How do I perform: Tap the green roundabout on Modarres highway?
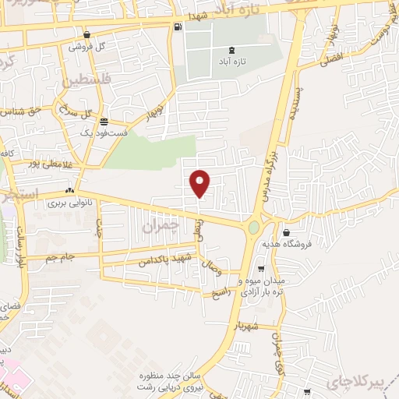(x=254, y=227)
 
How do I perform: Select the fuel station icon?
(x=180, y=28)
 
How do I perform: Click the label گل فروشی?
(x=87, y=48)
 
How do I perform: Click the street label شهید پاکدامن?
(x=165, y=257)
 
